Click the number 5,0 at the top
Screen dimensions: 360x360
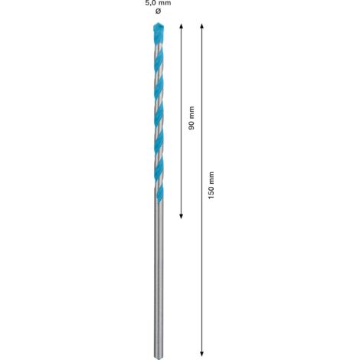coord(150,3)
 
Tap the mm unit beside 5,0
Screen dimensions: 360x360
coord(165,3)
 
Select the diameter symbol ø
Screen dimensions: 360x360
coord(159,11)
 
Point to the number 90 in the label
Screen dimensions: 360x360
coord(191,125)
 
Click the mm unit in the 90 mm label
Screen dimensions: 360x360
coord(191,112)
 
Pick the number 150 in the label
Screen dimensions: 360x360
coord(211,192)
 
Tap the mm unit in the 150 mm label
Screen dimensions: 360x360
coord(211,178)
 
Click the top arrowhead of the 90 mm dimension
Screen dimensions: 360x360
coord(181,26)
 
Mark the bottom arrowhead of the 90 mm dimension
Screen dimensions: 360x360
coord(181,217)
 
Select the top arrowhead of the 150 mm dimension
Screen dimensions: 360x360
coord(201,26)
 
